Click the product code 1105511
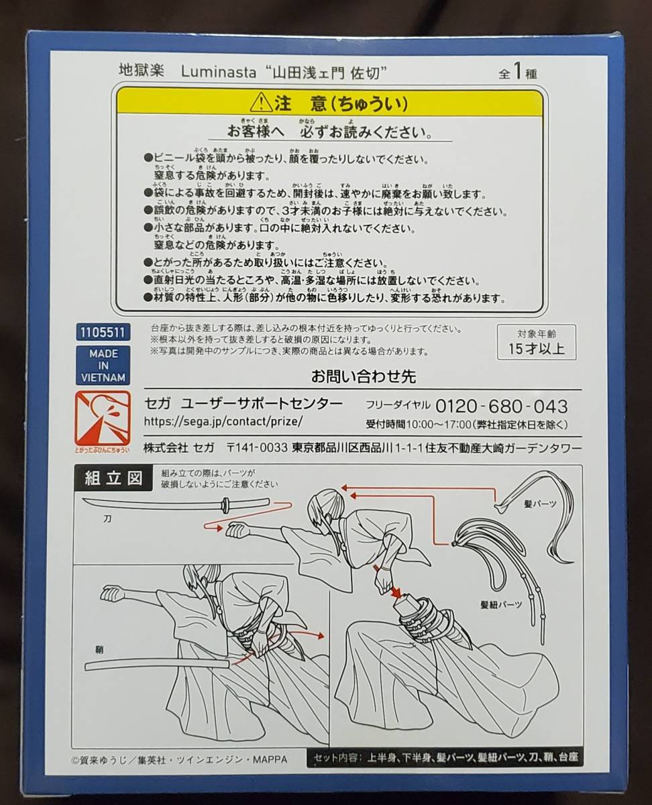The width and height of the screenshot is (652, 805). [103, 331]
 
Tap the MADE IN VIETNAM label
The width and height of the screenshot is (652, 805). [103, 365]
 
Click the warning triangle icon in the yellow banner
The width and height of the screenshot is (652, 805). [260, 103]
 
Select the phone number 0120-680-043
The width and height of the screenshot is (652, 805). [502, 406]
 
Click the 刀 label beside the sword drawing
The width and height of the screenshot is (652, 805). [108, 519]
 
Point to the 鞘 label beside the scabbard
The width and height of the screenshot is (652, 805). [99, 649]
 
